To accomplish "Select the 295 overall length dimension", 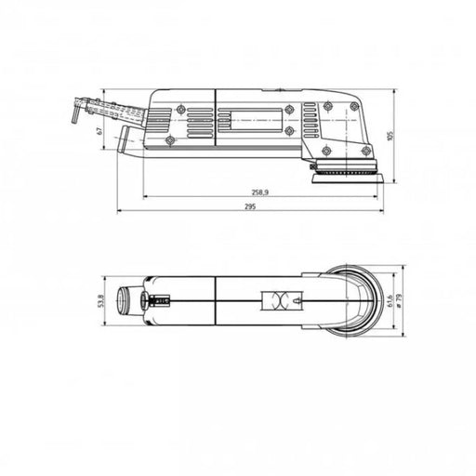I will tap(251, 206).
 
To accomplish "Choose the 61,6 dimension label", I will tap(391, 301).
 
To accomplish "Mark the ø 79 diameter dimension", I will tap(403, 302).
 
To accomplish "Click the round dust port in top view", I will tap(124, 301).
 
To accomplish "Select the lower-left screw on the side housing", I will tap(170, 140).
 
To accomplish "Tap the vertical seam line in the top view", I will tap(215, 301).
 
